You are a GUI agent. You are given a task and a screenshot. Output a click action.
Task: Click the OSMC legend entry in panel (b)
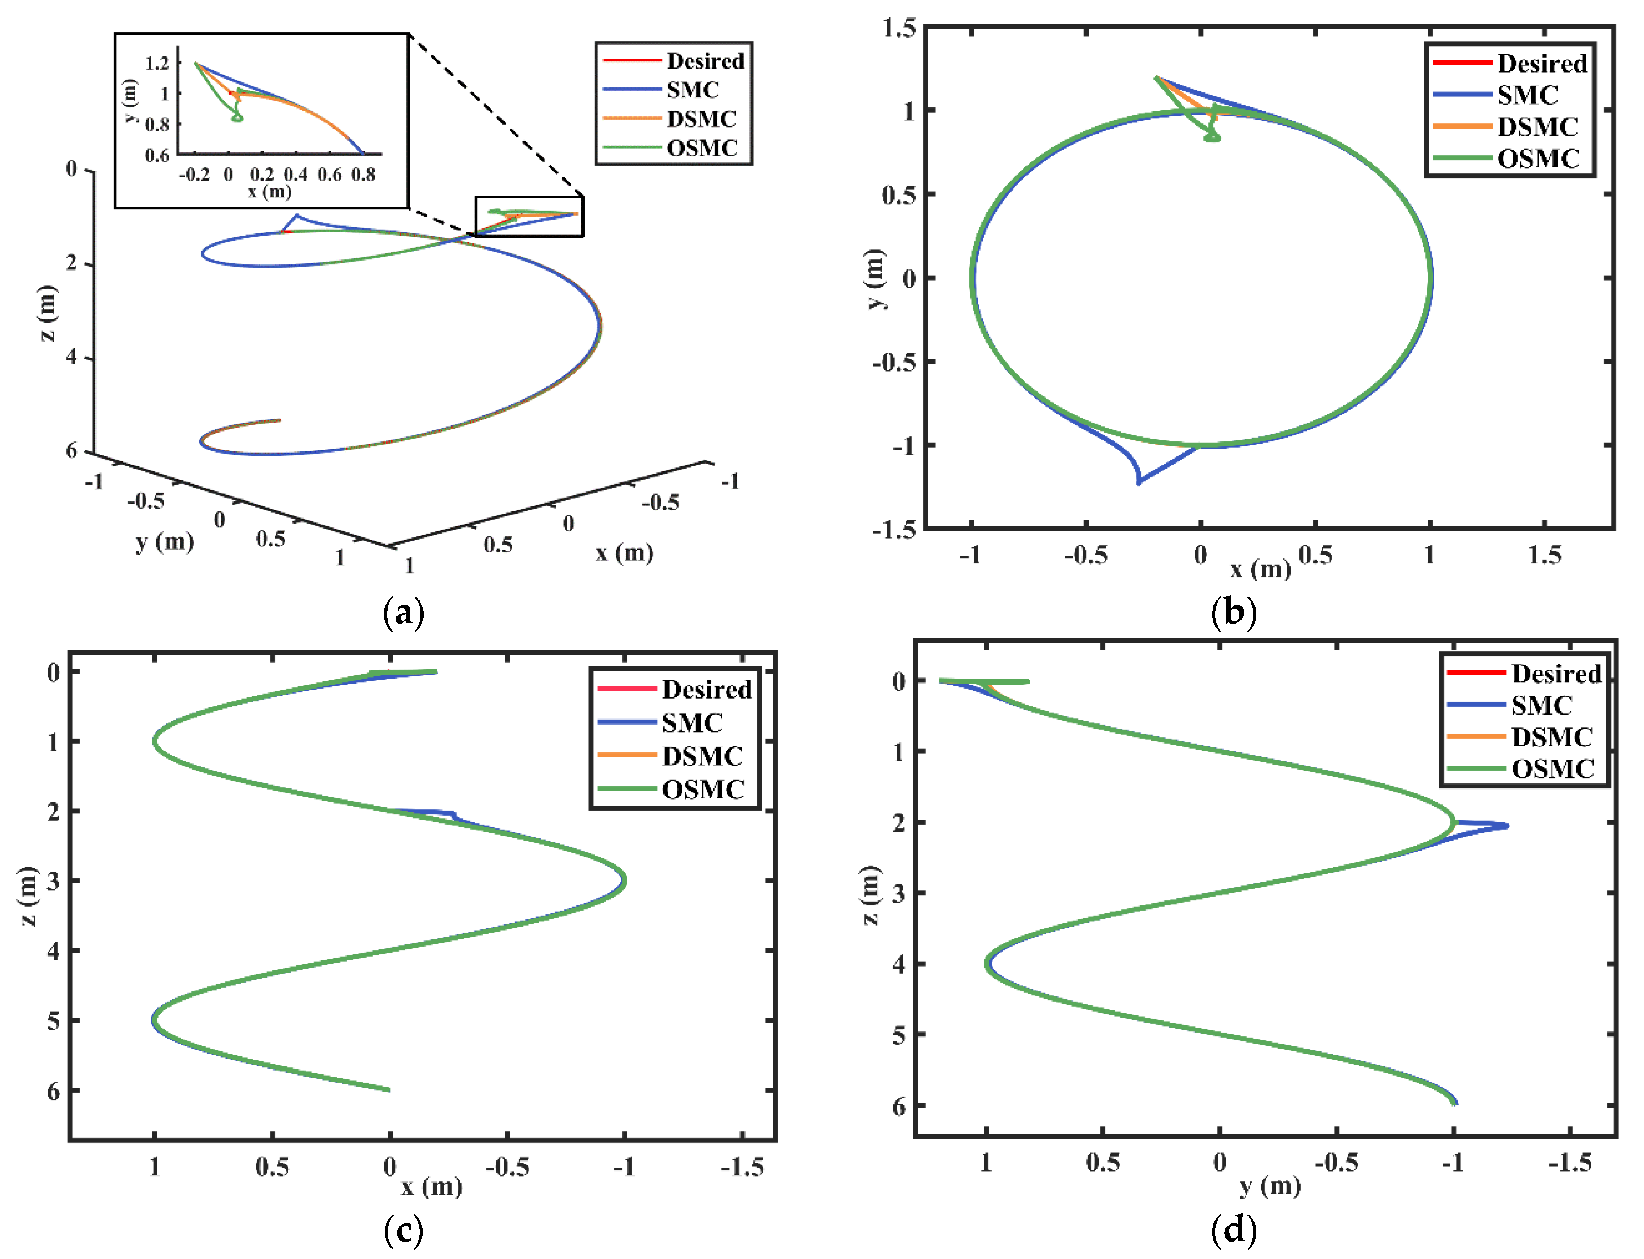coord(1537,159)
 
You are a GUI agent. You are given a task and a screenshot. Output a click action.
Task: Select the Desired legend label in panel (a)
coord(705,61)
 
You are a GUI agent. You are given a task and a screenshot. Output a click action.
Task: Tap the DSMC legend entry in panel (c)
coord(702,755)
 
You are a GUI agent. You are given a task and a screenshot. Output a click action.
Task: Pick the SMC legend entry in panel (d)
coord(1541,705)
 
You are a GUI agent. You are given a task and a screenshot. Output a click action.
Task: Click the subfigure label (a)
coord(403,613)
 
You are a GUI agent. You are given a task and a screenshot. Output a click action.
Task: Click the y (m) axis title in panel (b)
coord(876,278)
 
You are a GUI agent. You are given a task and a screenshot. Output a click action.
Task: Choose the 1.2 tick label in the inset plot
coord(157,63)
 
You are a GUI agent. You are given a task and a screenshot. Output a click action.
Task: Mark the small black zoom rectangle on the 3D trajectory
coord(529,217)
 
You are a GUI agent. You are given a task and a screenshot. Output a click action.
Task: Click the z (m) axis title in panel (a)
coord(47,313)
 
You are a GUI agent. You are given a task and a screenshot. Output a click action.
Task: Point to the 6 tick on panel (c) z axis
coord(53,1091)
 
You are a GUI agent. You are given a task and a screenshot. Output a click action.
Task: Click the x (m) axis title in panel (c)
coord(432,1186)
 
